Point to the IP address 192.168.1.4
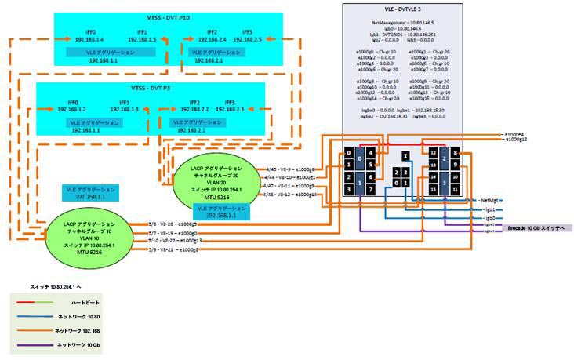click(x=71, y=38)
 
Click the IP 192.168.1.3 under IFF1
click(x=124, y=109)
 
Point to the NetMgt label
click(x=492, y=201)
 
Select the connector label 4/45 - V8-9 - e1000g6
click(x=290, y=169)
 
